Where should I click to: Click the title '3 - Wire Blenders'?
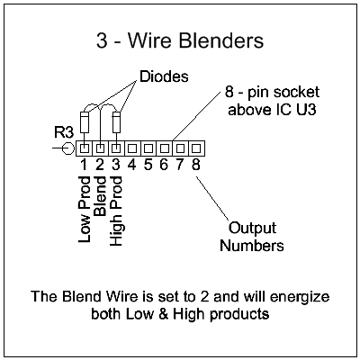180,41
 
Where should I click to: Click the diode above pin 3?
115,120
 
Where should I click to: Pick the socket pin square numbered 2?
100,145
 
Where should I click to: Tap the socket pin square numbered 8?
194,145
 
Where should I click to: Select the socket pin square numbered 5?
148,145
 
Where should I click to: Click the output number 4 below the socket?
131,164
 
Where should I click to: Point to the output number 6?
163,164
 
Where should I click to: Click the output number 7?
179,164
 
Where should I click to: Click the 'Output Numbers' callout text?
256,236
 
